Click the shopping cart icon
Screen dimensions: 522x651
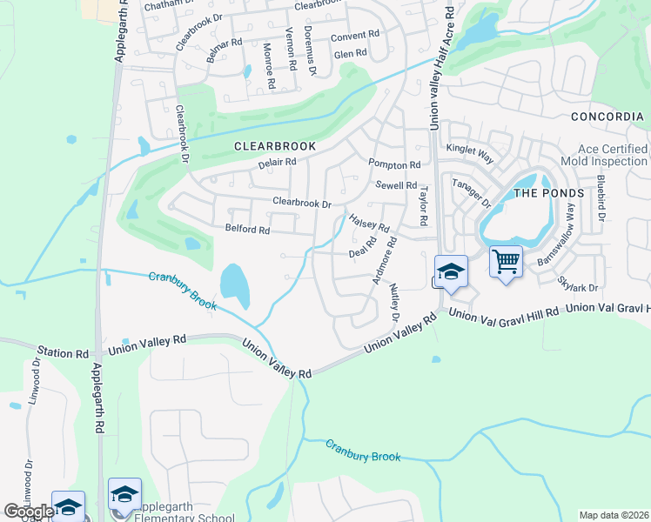(x=506, y=262)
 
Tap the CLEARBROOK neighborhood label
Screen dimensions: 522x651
(x=274, y=147)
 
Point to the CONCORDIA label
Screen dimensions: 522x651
(x=607, y=117)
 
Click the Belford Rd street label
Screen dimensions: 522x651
(x=247, y=231)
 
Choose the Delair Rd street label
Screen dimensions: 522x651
(x=278, y=162)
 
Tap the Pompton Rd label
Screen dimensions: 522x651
(x=394, y=164)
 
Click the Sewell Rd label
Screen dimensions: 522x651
(x=397, y=185)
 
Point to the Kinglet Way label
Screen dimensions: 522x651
(x=470, y=150)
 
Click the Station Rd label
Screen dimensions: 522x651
(x=69, y=354)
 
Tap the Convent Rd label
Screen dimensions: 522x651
(x=356, y=36)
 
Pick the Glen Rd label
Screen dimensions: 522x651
(x=351, y=53)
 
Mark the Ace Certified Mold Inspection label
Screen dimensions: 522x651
(x=614, y=156)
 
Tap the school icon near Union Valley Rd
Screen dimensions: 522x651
(x=451, y=272)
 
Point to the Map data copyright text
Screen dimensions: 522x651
(x=614, y=515)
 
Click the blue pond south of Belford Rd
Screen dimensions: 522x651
(x=232, y=281)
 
